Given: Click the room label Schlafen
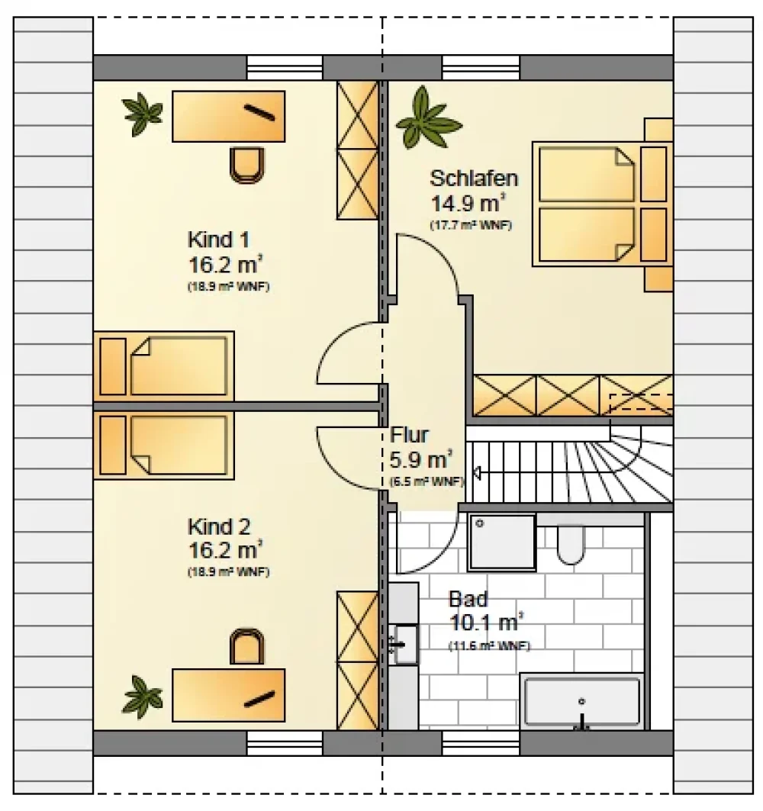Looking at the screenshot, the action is (x=473, y=179).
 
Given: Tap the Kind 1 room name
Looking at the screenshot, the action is (x=218, y=240).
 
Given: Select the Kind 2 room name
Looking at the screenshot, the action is (x=219, y=527).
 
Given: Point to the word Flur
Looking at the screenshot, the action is (x=410, y=435).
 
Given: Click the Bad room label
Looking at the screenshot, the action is (x=468, y=599).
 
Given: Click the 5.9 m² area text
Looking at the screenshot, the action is (x=421, y=459).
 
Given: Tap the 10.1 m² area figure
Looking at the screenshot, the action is (x=486, y=623).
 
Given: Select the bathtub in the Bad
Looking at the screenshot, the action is (x=582, y=703).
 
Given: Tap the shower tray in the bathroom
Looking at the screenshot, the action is (x=502, y=542).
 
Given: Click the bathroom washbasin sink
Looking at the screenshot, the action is (x=406, y=645).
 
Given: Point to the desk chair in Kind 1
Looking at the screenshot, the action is (x=246, y=165).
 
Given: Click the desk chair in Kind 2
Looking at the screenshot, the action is (x=246, y=646).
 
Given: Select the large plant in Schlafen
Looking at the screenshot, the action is (x=427, y=118).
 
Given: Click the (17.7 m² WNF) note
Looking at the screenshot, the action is (x=471, y=226).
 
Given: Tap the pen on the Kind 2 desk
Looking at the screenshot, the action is (x=259, y=698).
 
